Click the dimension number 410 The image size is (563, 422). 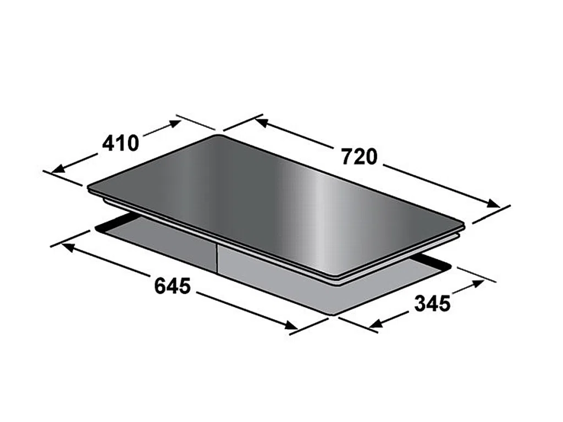[120, 143]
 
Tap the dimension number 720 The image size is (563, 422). [359, 157]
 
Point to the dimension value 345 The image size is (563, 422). [432, 303]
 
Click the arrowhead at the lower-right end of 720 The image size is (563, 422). [493, 203]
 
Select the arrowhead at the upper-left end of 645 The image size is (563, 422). [68, 247]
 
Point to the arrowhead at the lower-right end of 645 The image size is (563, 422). [291, 325]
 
